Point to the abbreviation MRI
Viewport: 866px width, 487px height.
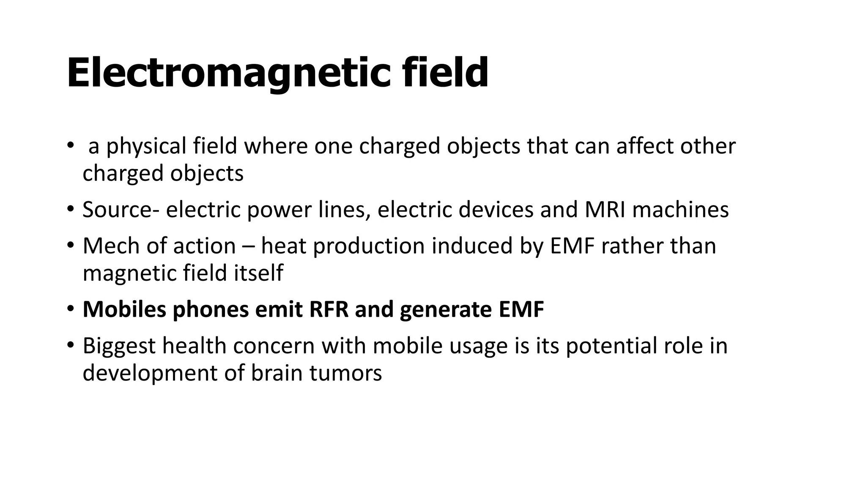click(x=605, y=210)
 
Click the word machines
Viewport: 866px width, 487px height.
click(x=680, y=210)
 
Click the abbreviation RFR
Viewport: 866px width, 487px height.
click(x=329, y=309)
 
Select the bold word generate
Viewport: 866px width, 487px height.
click(x=446, y=310)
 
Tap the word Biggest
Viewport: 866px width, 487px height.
click(x=119, y=346)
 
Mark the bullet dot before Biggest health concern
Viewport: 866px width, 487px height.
click(x=71, y=345)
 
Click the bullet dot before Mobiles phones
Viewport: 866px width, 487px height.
click(x=71, y=309)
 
